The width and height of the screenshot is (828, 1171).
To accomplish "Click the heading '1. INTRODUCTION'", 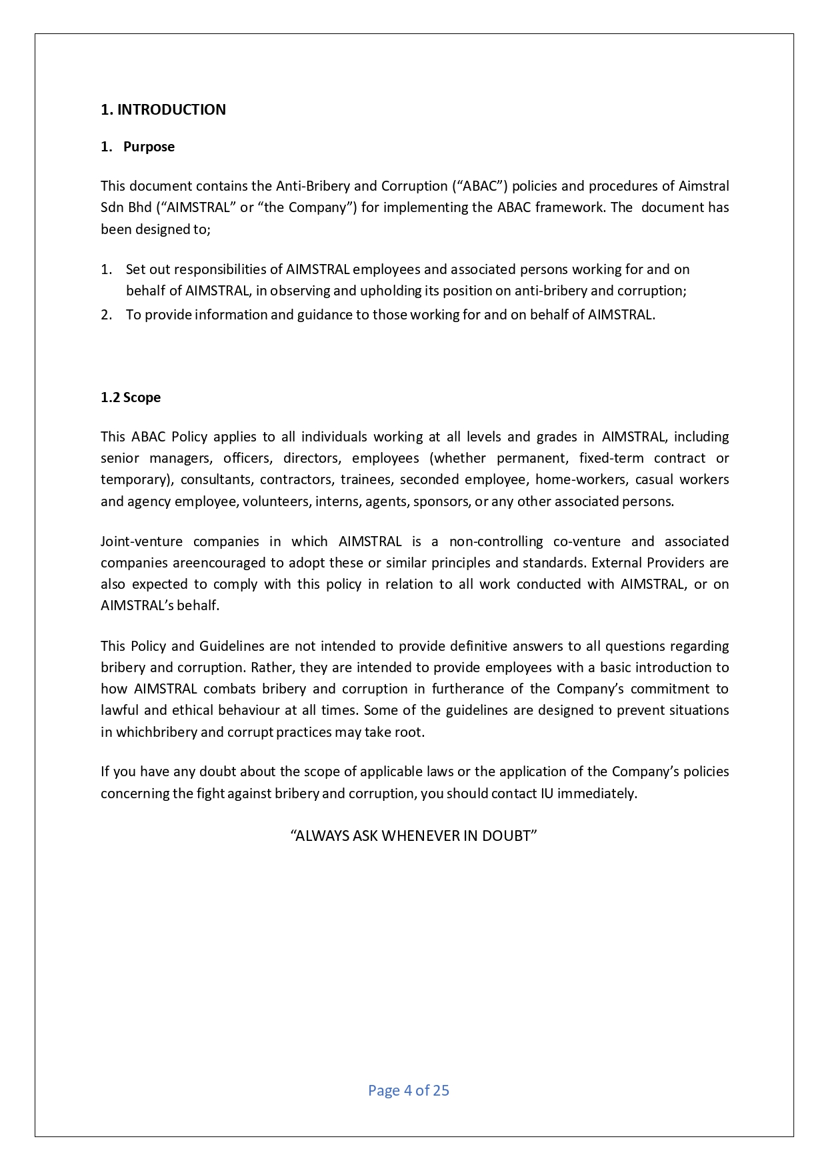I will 163,110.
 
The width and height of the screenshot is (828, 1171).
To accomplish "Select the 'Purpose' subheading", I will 149,147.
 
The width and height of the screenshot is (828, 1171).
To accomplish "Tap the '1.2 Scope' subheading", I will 131,398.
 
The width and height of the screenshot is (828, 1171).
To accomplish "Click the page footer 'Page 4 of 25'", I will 409,1091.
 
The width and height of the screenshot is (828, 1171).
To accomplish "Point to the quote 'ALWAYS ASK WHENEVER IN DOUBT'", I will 414,836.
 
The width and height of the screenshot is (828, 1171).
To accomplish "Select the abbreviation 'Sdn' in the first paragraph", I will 112,207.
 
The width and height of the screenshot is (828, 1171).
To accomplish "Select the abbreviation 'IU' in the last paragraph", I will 547,794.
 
